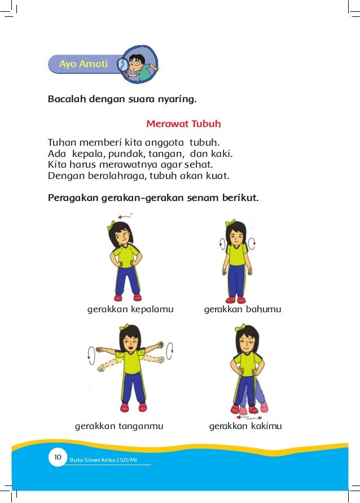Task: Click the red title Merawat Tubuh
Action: (183, 123)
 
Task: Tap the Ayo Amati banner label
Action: (83, 64)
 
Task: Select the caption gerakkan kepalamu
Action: (130, 309)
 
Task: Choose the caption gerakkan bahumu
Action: (242, 309)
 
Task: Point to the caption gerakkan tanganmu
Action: (119, 426)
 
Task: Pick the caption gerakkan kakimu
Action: (245, 426)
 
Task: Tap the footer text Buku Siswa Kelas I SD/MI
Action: (103, 460)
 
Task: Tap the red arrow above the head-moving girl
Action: (125, 216)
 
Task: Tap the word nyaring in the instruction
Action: (179, 100)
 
